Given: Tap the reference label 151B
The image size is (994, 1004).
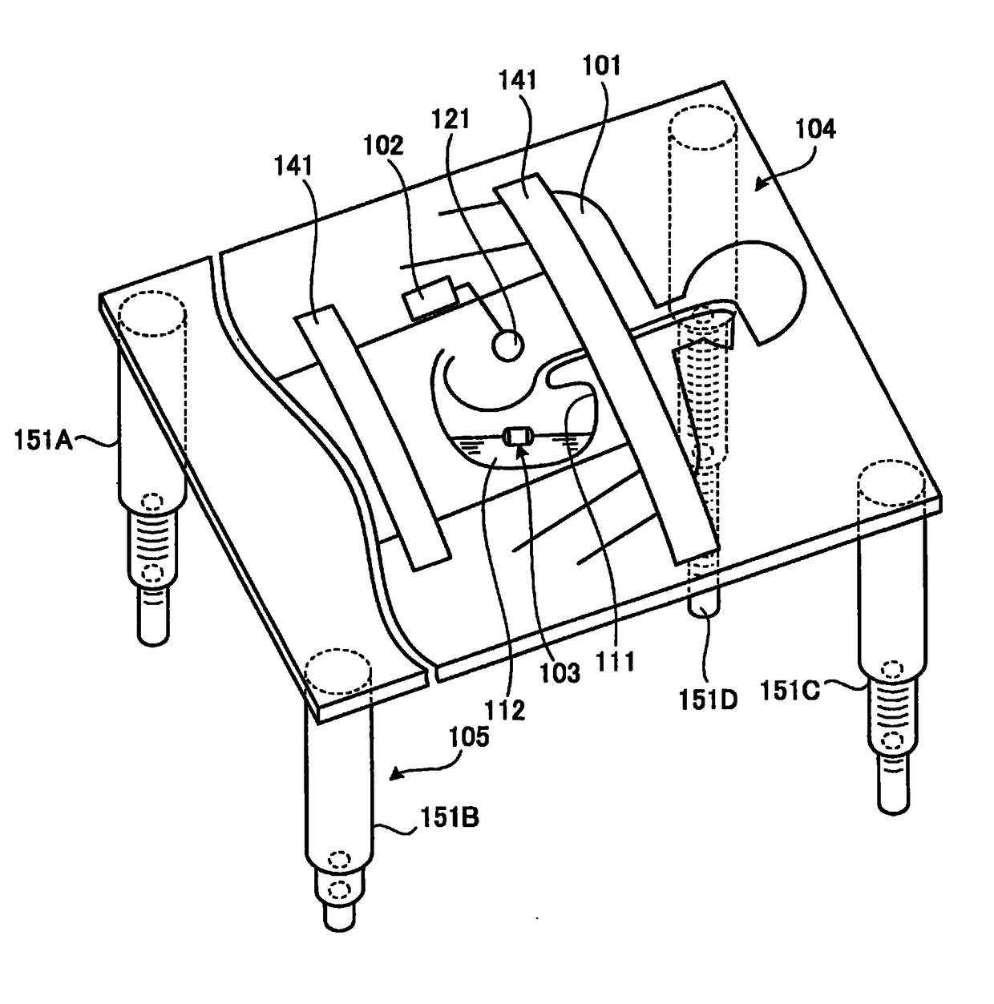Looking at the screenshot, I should point(450,818).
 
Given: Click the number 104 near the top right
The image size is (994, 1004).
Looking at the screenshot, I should point(814,128).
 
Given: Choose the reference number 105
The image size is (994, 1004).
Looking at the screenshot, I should point(469,736).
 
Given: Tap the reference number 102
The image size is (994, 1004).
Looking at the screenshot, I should point(383,145).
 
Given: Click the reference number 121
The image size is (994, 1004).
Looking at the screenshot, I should point(450,119).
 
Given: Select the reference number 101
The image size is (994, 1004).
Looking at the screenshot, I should point(601,65).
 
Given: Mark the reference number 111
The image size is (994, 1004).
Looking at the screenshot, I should point(615,661).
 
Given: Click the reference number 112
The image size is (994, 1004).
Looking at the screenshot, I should point(505,708).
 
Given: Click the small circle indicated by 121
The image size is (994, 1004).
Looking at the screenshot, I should point(507,345).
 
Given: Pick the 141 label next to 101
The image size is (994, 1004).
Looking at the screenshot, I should point(517,80).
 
